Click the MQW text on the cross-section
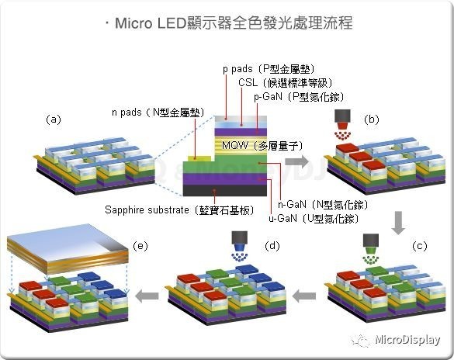(236, 145)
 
